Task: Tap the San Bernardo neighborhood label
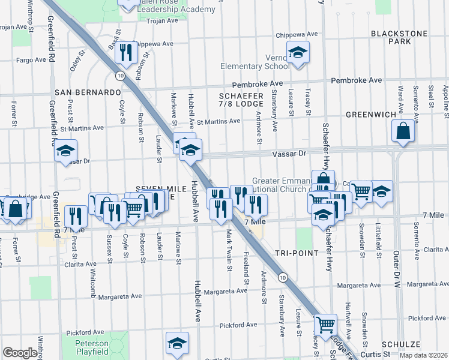(88, 92)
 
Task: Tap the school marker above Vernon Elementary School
(297, 53)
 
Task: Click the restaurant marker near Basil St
(126, 53)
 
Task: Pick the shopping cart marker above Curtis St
(325, 324)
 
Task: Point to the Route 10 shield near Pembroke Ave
(121, 75)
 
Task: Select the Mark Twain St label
(229, 249)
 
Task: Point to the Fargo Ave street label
(32, 60)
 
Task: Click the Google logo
(20, 353)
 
